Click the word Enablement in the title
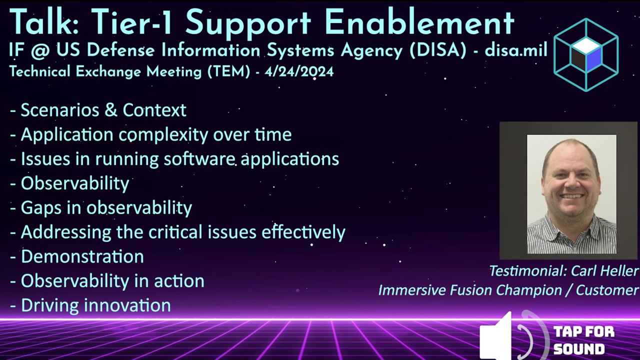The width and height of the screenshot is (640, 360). (419, 22)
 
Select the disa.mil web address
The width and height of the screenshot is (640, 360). (515, 50)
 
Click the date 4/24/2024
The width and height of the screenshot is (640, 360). (299, 71)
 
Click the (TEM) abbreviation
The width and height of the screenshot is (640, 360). (228, 71)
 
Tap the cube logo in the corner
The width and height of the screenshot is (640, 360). (586, 54)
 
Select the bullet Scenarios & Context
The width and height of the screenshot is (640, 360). (103, 110)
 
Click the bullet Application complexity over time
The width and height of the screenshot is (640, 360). (155, 134)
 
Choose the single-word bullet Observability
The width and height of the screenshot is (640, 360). (74, 183)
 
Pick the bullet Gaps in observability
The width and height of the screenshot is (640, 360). (106, 208)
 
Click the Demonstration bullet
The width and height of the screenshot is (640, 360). (82, 256)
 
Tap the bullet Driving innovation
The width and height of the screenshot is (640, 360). (95, 305)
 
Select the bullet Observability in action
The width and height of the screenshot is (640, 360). (112, 281)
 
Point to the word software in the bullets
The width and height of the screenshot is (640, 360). (199, 159)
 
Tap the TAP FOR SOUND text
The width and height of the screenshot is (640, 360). (583, 340)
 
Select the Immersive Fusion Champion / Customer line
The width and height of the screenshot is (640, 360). (508, 290)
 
